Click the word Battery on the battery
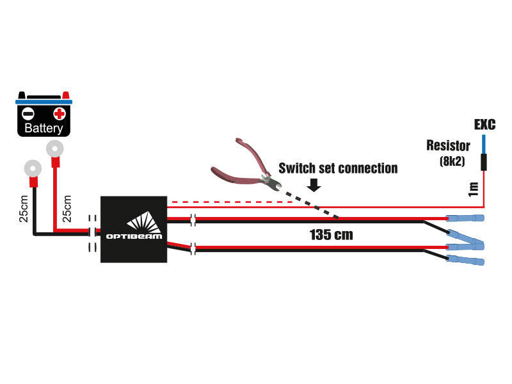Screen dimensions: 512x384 click(44, 128)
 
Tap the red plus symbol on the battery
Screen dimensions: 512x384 click(60, 114)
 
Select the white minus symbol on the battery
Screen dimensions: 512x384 click(28, 114)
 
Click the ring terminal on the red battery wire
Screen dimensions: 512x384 click(55, 148)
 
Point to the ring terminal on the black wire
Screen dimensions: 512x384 click(33, 168)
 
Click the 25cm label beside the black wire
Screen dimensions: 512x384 click(24, 209)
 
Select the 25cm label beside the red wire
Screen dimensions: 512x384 click(67, 209)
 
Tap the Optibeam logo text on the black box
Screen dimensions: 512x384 click(134, 236)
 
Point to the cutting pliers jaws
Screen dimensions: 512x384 click(271, 183)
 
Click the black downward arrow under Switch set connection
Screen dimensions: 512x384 click(314, 185)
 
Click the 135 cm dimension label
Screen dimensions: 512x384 click(331, 235)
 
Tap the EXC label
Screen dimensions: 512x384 click(484, 124)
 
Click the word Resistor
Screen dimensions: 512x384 click(449, 146)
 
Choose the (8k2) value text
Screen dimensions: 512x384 click(452, 161)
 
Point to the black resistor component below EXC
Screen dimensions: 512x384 click(484, 163)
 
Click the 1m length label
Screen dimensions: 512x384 click(474, 189)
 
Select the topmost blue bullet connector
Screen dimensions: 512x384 click(465, 218)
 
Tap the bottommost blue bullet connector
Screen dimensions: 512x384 click(465, 260)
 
